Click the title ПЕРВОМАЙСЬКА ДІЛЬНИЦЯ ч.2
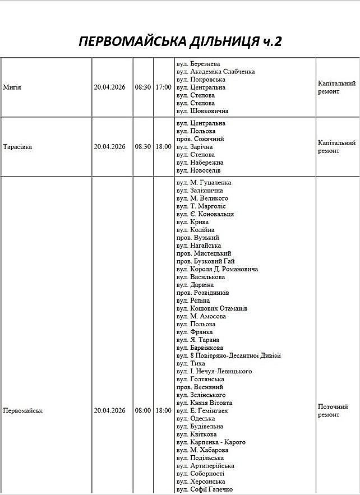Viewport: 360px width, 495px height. pos(179,41)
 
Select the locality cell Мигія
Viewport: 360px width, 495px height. pos(12,87)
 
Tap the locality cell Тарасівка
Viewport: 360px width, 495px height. pos(17,147)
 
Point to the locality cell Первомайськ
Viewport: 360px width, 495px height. pos(23,410)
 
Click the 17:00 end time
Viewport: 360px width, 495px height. pos(163,87)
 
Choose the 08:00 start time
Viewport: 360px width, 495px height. pos(142,410)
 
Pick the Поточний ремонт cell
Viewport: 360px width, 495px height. pos(333,410)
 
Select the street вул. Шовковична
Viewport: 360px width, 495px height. pos(202,111)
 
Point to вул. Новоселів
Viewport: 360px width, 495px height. pos(199,170)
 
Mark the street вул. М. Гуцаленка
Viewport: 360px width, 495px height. pos(204,183)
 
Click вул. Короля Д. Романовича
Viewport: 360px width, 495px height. pos(217,269)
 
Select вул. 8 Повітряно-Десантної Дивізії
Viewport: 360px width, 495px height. pos(228,355)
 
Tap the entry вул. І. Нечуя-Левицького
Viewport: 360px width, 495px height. pos(214,371)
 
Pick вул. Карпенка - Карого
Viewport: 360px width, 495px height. pos(211,442)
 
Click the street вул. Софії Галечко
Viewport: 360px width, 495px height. pos(205,489)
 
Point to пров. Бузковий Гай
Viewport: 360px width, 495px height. pos(205,261)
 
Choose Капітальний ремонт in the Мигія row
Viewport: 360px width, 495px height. pos(336,87)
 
